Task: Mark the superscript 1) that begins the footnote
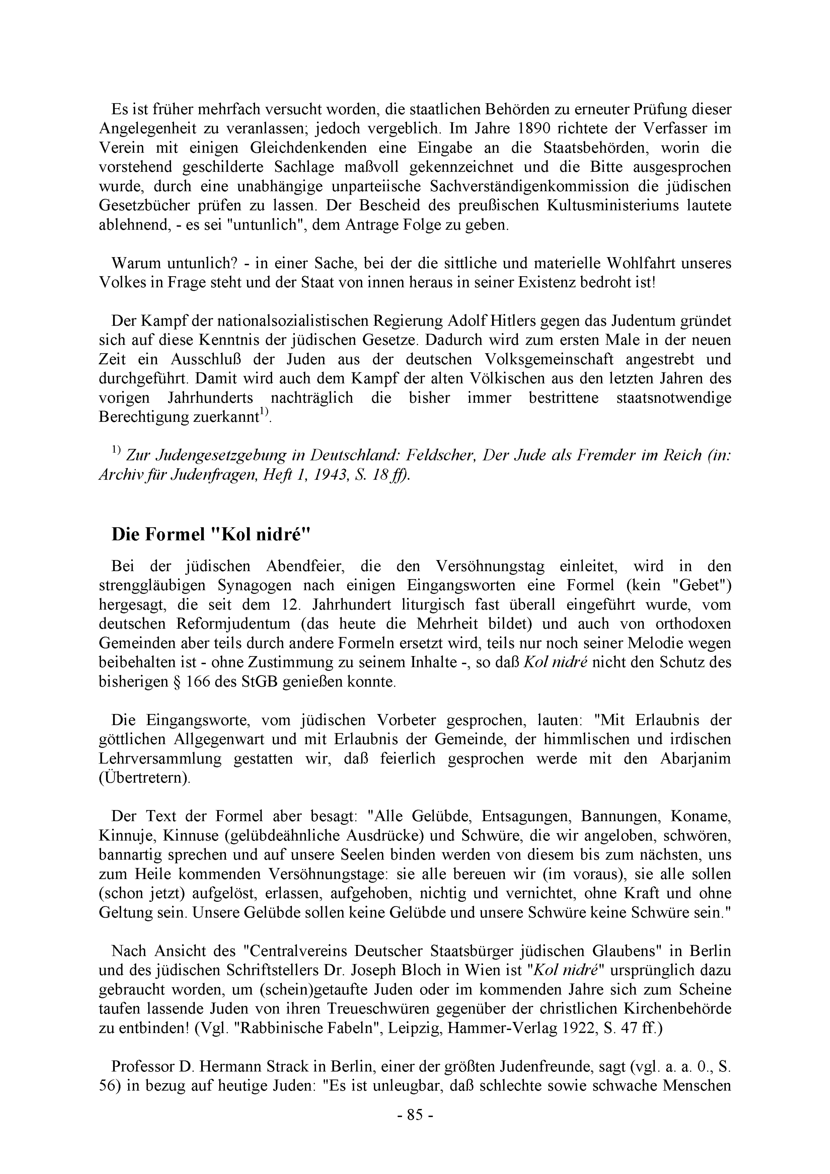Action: [116, 450]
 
